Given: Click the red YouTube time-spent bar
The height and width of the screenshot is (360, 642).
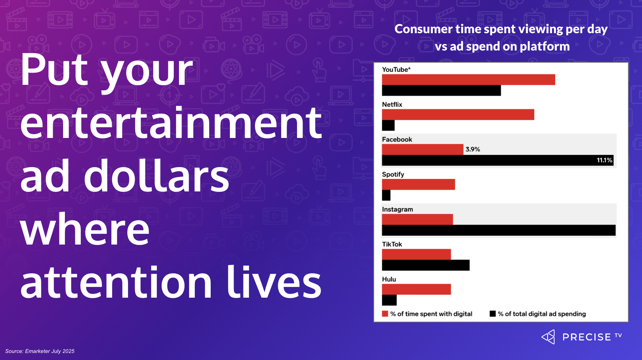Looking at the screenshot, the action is [x=469, y=80].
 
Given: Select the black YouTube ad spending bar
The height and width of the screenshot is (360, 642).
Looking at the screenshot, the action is [x=441, y=90].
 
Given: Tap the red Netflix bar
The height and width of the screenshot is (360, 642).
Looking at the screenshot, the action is [x=458, y=114].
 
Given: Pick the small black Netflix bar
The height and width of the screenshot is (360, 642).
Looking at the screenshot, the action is [x=388, y=125].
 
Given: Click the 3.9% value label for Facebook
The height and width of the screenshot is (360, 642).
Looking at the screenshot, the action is [x=473, y=149].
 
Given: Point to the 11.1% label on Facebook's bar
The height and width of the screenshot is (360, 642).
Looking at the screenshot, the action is [x=604, y=160].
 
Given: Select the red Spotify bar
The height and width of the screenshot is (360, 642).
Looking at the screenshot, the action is [x=418, y=184].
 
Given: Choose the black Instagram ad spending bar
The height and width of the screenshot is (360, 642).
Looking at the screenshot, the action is [x=499, y=230].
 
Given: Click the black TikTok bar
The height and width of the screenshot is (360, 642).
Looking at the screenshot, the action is [x=426, y=265].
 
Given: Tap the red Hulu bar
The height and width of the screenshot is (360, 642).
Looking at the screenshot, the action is [x=416, y=289].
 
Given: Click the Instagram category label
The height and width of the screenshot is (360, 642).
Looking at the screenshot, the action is [x=397, y=210].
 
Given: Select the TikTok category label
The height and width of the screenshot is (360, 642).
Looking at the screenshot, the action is [x=392, y=244].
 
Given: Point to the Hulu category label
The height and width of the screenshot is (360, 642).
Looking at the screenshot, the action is [x=389, y=279].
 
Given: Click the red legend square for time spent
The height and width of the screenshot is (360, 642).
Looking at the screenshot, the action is [x=385, y=314].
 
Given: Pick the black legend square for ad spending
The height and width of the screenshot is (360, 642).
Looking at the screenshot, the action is [x=493, y=314].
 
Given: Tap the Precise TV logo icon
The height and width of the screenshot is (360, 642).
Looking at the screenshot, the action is [x=548, y=337].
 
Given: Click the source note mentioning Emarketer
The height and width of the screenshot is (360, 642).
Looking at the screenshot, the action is [x=40, y=351].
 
